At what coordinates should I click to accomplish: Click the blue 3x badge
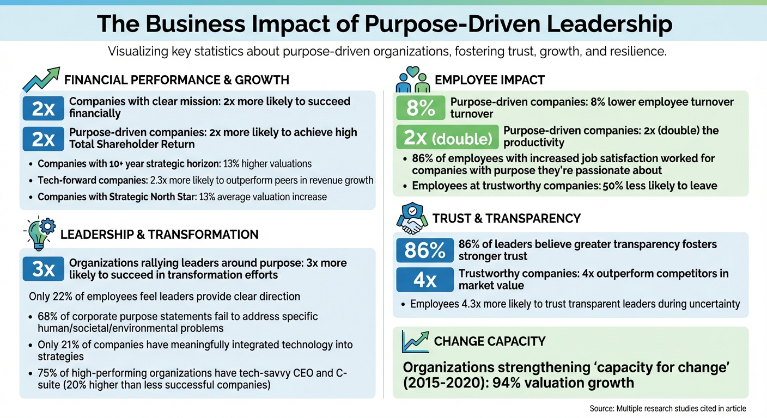[43, 269]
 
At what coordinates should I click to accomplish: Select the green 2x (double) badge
[447, 137]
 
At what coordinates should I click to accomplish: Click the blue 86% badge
[424, 250]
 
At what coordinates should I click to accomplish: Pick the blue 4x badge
[424, 280]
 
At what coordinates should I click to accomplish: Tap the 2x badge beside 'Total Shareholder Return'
[43, 138]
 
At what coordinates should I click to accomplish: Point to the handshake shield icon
[412, 218]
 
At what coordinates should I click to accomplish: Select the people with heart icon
[412, 80]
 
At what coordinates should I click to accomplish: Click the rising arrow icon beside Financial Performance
[41, 80]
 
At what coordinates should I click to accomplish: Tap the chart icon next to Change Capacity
[415, 341]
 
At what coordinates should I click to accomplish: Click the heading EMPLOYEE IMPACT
[489, 81]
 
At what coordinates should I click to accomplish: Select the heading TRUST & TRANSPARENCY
[506, 219]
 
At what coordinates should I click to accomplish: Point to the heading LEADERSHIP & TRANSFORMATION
[159, 235]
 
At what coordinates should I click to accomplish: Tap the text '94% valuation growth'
[563, 383]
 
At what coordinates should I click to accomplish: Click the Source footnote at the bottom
[667, 408]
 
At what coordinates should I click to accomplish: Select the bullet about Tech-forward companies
[205, 181]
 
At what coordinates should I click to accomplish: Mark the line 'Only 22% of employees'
[164, 297]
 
